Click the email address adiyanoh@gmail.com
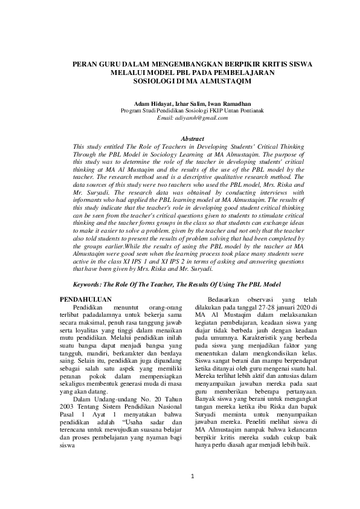coord(191,118)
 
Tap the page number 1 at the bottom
coord(192,476)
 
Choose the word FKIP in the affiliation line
coord(210,111)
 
